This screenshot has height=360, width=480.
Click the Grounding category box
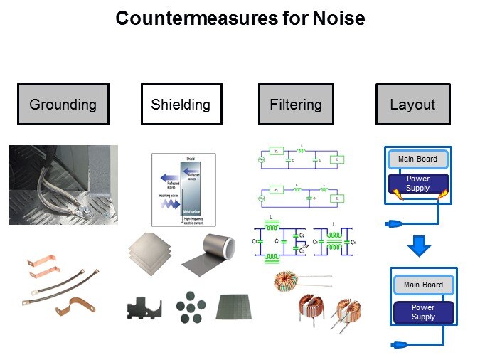point(63,105)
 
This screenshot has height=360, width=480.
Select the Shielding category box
point(181,105)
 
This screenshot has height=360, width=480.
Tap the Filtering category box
point(295,105)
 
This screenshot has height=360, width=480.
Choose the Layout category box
point(412,105)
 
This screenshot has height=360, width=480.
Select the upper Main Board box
point(418,159)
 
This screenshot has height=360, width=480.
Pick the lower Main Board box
point(423,285)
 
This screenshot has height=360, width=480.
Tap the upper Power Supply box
point(418,184)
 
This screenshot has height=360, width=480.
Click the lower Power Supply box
point(423,312)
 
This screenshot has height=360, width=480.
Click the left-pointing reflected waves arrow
point(170,179)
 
